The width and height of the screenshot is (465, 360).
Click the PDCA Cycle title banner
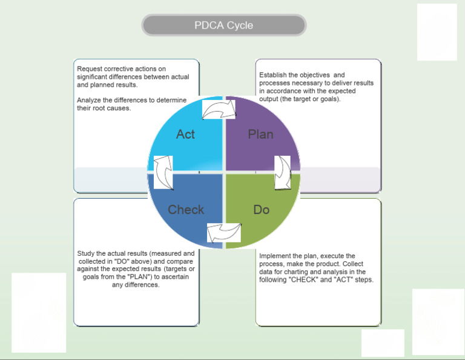[224, 25]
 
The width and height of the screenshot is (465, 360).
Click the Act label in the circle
[185, 134]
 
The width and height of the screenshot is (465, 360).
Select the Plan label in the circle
[260, 134]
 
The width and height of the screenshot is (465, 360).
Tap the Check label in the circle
[186, 210]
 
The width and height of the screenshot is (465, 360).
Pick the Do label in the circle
[262, 210]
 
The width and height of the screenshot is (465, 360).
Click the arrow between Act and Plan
[219, 110]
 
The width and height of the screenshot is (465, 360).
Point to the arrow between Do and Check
[224, 233]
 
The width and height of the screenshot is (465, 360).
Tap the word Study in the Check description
[87, 253]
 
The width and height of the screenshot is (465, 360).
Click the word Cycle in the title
[240, 25]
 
